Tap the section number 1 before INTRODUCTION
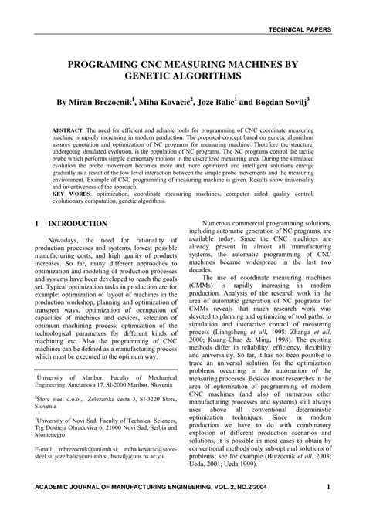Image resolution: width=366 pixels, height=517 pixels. coord(37,224)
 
